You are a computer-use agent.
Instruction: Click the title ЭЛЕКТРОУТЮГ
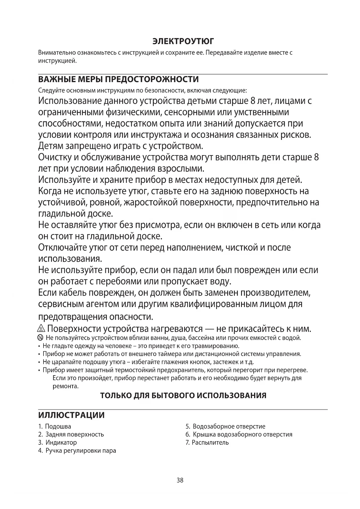[183, 41]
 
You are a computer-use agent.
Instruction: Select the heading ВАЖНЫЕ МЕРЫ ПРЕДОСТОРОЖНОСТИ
[118, 79]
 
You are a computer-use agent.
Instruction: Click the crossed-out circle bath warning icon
[41, 338]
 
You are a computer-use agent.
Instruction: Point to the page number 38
[180, 480]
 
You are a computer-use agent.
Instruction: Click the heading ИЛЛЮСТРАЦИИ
[71, 415]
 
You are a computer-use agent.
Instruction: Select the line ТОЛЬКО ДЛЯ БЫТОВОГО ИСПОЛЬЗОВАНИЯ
[183, 396]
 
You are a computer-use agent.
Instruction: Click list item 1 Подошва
[55, 427]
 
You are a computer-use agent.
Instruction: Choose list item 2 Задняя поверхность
[71, 434]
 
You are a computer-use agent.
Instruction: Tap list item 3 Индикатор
[58, 443]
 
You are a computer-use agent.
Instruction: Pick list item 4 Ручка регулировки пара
[77, 451]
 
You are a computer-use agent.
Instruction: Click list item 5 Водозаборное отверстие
[225, 427]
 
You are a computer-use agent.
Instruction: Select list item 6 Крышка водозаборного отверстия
[239, 434]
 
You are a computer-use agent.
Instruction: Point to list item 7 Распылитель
[207, 443]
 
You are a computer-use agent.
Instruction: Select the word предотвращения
[73, 316]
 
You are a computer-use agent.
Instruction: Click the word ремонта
[66, 386]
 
